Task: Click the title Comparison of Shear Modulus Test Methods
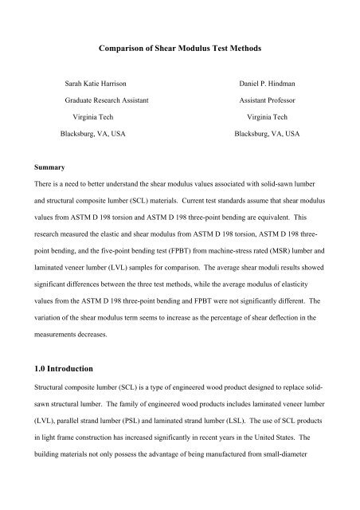pyautogui.click(x=179, y=49)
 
